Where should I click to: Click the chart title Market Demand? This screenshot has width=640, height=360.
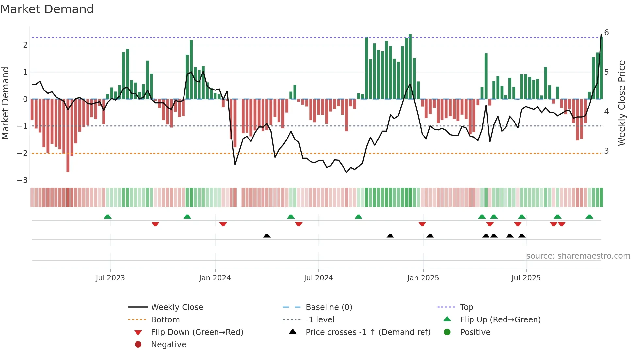click(47, 9)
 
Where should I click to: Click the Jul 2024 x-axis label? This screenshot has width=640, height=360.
click(318, 278)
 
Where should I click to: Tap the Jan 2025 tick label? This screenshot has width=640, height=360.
click(423, 278)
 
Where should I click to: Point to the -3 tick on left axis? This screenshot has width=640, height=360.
click(22, 180)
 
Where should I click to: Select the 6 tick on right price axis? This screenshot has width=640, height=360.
click(606, 33)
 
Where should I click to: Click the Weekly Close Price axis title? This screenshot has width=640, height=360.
click(622, 103)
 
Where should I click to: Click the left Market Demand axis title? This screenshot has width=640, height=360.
click(6, 103)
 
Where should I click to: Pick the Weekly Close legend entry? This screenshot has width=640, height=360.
click(177, 307)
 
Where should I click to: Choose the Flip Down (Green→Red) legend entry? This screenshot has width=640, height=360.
click(197, 332)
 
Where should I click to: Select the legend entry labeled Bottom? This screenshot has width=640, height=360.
click(165, 320)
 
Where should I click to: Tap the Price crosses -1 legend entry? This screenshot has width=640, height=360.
click(368, 332)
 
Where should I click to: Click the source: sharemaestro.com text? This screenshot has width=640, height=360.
click(578, 256)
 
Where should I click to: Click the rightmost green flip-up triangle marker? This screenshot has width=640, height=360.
click(589, 217)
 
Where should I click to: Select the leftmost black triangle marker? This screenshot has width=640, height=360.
click(267, 236)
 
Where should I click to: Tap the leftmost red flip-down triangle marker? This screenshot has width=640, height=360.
click(155, 224)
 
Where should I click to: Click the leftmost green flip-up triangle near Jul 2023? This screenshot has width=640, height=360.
click(107, 217)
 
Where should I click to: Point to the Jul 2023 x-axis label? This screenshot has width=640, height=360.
click(110, 278)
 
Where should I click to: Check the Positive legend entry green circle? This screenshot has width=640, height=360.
click(447, 332)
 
